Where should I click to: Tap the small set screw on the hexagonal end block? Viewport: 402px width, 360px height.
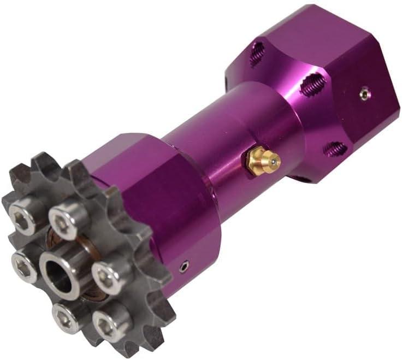click(364, 93)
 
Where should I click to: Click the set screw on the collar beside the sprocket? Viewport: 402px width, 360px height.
click(185, 267)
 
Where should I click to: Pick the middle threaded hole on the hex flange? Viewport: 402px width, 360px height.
click(311, 85)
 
